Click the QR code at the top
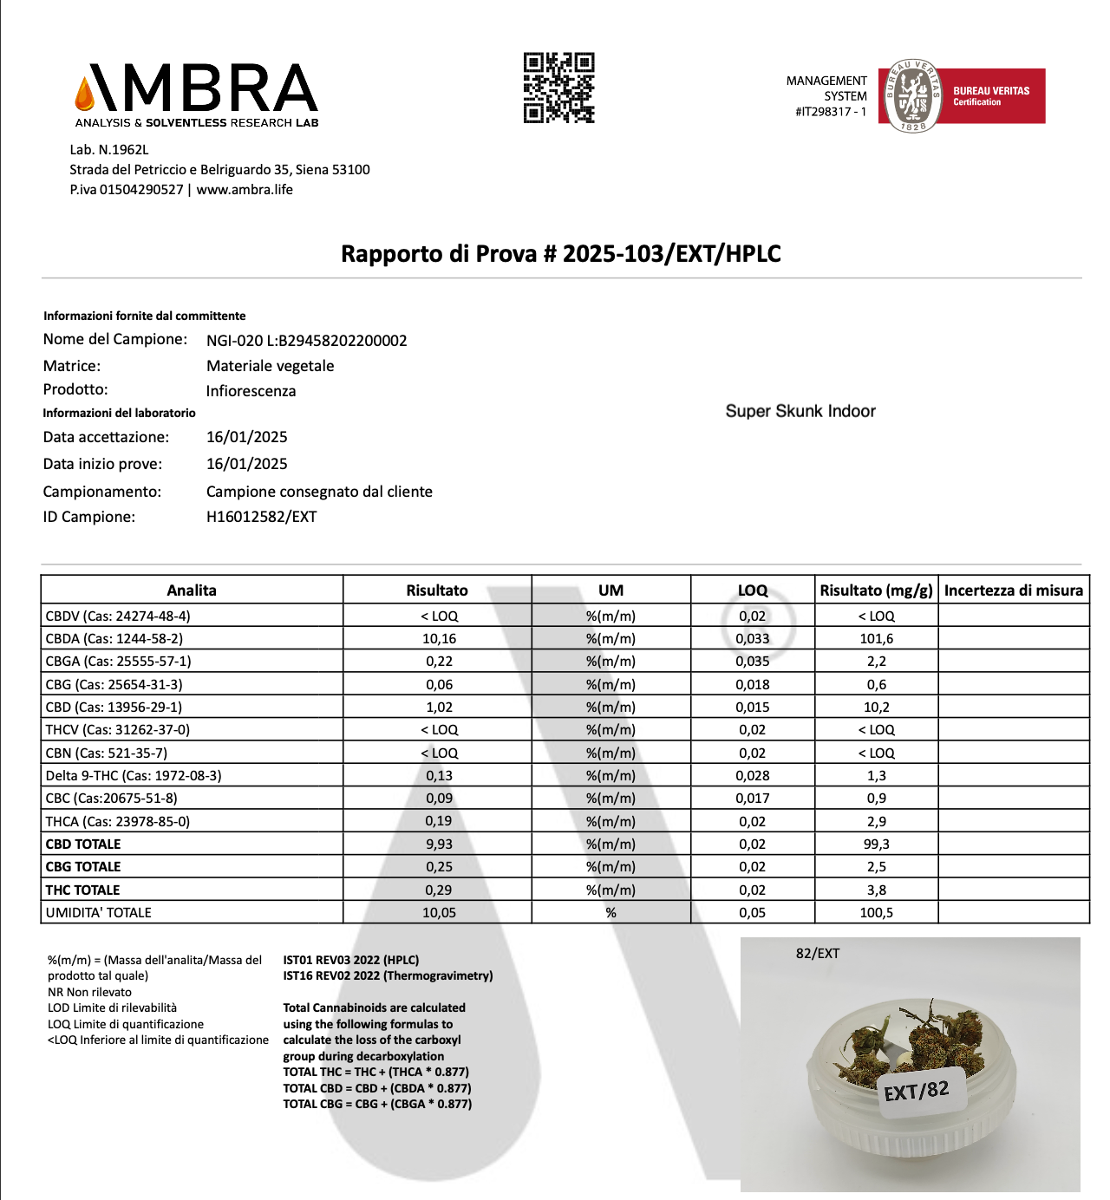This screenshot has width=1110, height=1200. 558,88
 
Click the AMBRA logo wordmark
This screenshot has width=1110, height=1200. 198,88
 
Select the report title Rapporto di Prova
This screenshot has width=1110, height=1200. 560,254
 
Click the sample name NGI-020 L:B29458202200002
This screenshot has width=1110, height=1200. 306,341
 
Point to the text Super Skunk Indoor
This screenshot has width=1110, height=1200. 800,411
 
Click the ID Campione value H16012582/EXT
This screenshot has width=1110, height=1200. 261,517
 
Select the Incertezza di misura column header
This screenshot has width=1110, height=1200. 1013,590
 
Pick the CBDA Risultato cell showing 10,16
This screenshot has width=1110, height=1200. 439,639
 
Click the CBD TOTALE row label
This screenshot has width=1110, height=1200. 83,845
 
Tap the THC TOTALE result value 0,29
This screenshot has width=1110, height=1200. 439,890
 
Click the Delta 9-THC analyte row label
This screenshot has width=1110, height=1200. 134,776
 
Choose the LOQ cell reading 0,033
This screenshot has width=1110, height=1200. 752,639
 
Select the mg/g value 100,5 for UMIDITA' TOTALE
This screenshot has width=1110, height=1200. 876,913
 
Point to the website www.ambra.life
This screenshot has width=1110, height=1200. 245,190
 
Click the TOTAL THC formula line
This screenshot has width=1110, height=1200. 375,1072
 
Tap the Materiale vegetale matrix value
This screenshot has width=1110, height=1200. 270,366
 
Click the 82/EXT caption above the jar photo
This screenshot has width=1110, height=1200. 817,954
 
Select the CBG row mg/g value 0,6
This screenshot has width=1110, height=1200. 876,685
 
